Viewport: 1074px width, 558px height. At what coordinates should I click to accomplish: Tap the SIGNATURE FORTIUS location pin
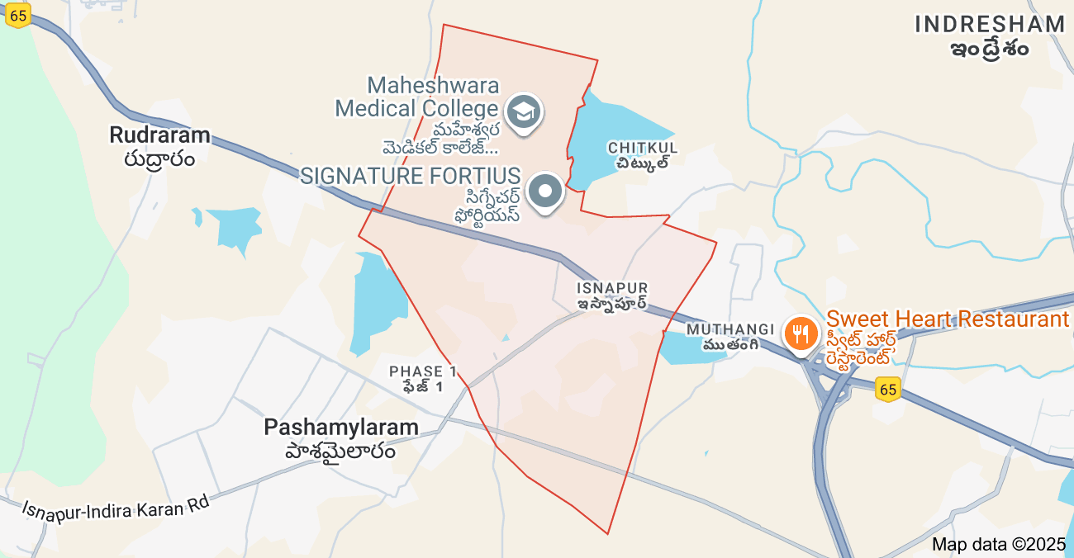(x=544, y=192)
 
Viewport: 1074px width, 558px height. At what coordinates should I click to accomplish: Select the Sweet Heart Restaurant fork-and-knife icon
(x=800, y=333)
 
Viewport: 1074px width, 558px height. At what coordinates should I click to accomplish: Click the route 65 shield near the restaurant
(x=888, y=389)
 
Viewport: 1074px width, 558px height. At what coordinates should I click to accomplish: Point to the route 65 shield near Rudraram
(x=17, y=14)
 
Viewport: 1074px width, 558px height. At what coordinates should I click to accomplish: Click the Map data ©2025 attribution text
(x=999, y=545)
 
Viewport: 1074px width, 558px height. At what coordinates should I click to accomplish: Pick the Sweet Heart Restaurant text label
(x=947, y=320)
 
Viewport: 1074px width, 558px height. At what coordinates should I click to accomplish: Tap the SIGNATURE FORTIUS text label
(x=410, y=176)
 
